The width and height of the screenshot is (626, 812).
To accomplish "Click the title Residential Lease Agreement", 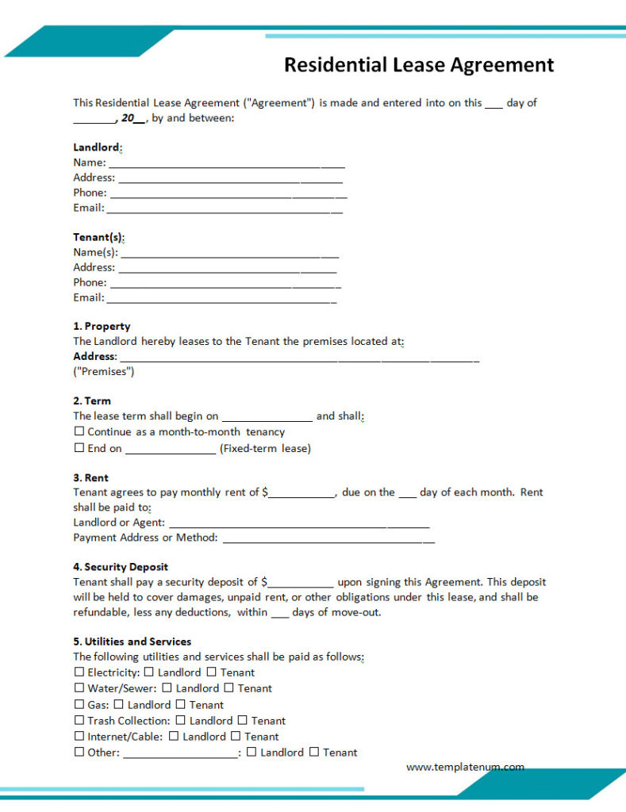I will click(x=419, y=64).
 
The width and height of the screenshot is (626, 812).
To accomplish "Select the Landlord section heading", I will click(x=97, y=147).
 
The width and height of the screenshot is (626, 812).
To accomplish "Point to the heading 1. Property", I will click(x=102, y=326).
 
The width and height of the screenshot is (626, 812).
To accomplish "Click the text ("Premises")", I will click(x=104, y=371).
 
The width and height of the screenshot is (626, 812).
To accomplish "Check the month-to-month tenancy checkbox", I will click(x=79, y=431).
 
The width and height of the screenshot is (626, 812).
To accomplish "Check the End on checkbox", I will click(x=79, y=448).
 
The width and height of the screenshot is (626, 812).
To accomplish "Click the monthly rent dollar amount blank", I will click(x=301, y=495).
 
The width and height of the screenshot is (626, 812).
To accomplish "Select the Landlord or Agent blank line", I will click(x=299, y=525).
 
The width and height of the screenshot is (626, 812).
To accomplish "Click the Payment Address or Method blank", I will click(x=328, y=540).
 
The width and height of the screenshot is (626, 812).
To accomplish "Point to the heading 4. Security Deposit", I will click(x=121, y=567).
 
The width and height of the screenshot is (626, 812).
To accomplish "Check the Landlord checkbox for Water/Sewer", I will click(x=167, y=688).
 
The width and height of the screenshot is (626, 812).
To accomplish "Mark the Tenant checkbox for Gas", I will click(x=181, y=704).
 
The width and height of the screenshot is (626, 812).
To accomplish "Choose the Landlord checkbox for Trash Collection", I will click(x=181, y=721).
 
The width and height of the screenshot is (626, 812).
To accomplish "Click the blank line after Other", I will click(x=180, y=755).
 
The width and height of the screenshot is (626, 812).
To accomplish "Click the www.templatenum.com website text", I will click(x=465, y=767).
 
